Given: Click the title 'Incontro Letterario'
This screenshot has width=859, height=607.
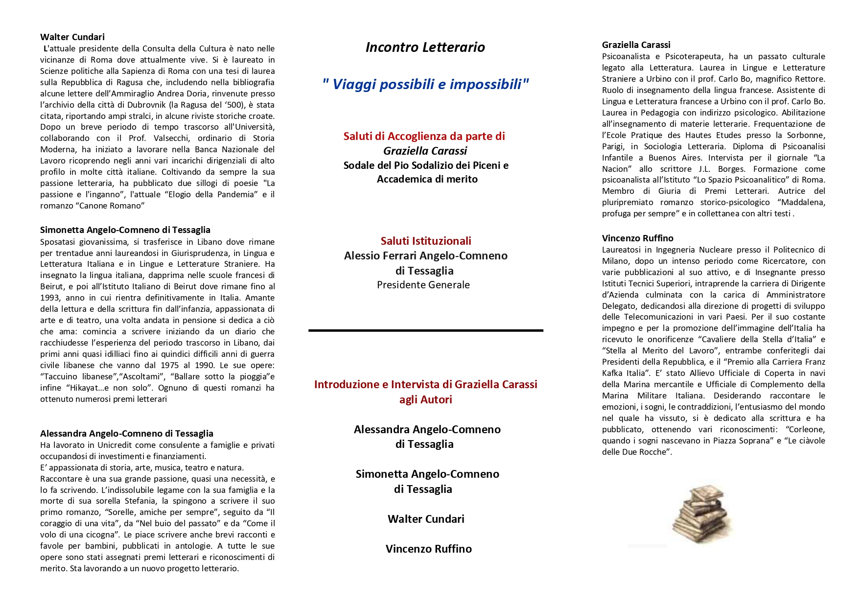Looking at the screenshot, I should tap(425, 47).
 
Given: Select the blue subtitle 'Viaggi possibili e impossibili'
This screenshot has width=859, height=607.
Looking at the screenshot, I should tap(426, 84).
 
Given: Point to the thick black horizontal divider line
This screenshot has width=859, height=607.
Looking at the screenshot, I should tap(425, 331).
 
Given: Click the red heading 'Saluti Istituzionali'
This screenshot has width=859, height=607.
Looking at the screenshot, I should tap(426, 241).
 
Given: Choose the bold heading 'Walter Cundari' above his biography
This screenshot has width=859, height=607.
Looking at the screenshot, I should tap(72, 37).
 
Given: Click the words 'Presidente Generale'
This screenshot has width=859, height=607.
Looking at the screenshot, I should tap(423, 285).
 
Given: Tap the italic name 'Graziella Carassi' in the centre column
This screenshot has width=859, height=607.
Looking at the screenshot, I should tap(425, 151).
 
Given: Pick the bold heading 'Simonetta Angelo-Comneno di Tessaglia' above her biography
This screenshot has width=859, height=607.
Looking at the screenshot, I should tap(125, 230).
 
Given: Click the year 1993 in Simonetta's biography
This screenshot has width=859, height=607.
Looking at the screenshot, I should tap(50, 298).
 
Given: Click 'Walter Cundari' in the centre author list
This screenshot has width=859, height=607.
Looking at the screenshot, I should tap(426, 519).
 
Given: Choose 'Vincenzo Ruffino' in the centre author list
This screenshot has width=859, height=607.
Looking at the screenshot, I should tap(428, 549).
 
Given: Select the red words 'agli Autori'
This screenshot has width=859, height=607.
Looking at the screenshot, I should tap(425, 399).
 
